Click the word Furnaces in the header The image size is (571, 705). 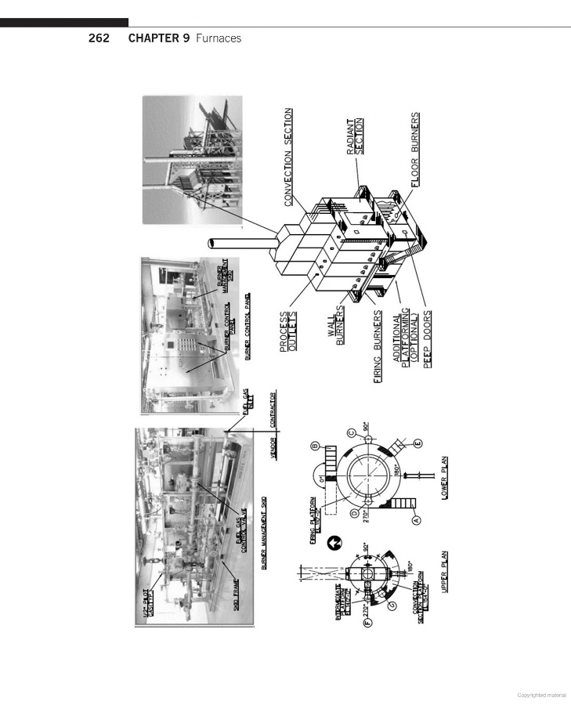tap(218, 38)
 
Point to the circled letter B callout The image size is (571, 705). tap(313, 446)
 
